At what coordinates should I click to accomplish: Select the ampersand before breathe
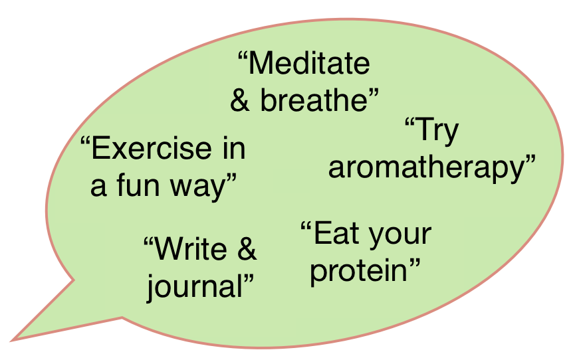(x=241, y=101)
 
